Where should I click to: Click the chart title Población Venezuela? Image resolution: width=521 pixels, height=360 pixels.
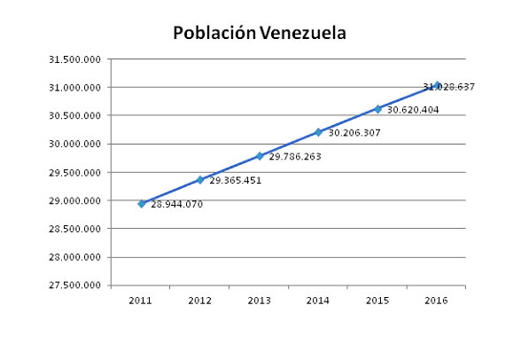pos(259,33)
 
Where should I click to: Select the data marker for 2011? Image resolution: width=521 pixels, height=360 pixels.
pos(141,203)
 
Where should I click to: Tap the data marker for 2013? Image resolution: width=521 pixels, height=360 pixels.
pos(260,155)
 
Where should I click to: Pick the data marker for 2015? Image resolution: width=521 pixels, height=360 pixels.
pos(377,109)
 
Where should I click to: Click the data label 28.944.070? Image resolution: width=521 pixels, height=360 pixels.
pos(177,204)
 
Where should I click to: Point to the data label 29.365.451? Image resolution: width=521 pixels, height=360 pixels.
pos(236,180)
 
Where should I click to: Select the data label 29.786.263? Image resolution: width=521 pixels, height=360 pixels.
pos(295,157)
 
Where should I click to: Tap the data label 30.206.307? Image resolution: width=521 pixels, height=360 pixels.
pos(354,133)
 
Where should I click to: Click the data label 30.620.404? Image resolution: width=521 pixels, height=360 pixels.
pos(413,110)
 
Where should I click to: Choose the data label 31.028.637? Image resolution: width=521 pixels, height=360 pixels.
pos(449,87)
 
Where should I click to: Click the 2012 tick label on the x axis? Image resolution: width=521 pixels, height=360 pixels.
pos(199,301)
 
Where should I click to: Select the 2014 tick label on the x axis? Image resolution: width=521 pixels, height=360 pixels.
pos(318,301)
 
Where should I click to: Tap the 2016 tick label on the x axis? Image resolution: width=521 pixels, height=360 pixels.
pos(436,301)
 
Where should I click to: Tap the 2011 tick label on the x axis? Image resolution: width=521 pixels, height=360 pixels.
pos(141,301)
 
